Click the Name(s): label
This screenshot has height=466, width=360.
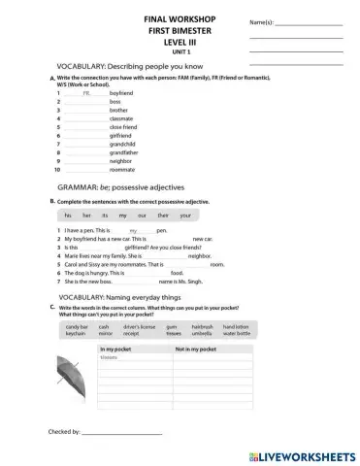[x=263, y=22]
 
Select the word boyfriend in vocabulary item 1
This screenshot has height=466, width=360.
[x=120, y=92]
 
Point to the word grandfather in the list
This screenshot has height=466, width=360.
[x=123, y=153]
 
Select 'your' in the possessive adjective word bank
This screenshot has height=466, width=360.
[x=186, y=215]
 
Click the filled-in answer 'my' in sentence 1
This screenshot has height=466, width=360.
[x=133, y=230]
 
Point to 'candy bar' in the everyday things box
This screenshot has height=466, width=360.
[x=77, y=327]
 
